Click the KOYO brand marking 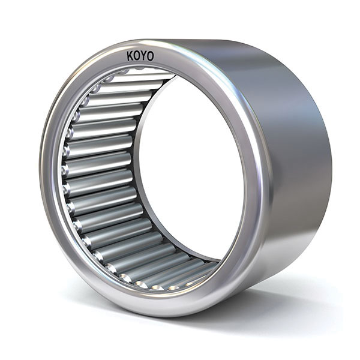140,56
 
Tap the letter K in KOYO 130,56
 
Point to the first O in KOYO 137,56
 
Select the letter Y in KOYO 144,56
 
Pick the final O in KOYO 150,56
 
